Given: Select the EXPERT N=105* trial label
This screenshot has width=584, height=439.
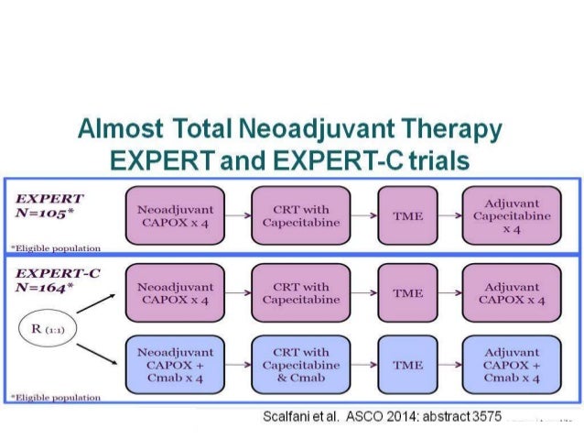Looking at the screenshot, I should point(51,206).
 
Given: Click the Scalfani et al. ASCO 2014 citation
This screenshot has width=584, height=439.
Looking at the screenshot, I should point(383,417).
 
